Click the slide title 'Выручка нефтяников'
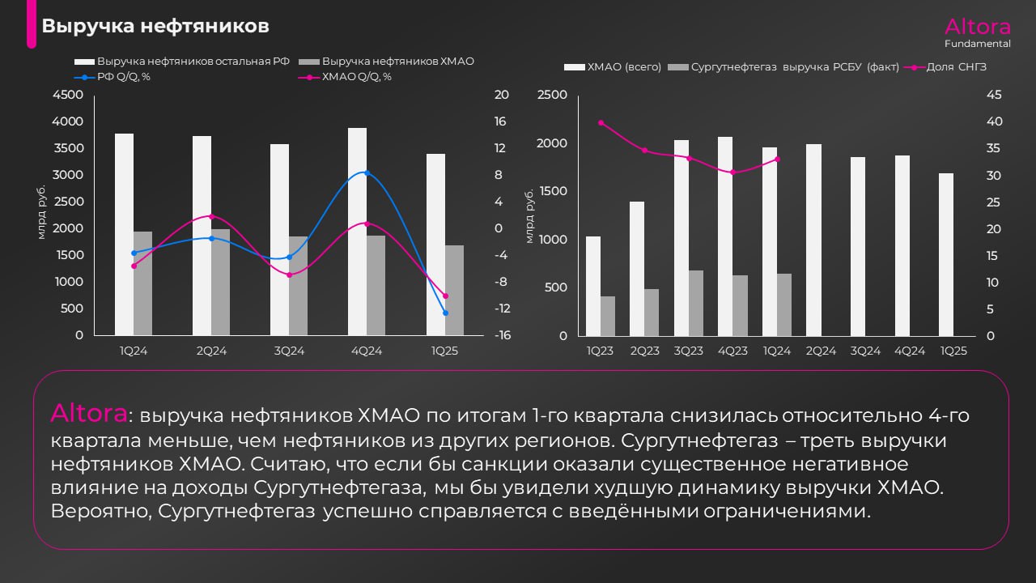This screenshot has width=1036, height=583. (x=155, y=27)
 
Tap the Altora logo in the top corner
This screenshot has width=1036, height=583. (x=977, y=26)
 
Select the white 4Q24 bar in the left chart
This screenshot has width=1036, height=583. (x=357, y=232)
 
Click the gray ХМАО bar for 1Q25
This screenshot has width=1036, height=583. (x=454, y=290)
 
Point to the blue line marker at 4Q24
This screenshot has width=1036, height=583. (x=367, y=172)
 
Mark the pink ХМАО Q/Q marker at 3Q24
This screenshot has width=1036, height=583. (x=289, y=275)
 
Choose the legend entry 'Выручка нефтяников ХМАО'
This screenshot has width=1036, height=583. (x=397, y=62)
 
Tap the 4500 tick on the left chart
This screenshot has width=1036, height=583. (x=68, y=95)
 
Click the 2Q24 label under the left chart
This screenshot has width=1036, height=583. (x=211, y=351)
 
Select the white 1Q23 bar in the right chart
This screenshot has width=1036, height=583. (x=593, y=286)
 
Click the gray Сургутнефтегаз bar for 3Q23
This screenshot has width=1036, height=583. (x=696, y=303)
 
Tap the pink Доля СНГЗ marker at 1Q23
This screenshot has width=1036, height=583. (x=601, y=122)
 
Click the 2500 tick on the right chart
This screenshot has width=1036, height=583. (x=552, y=95)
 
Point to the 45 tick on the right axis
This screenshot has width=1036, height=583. (x=993, y=95)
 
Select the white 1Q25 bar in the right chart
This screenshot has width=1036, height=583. (x=946, y=254)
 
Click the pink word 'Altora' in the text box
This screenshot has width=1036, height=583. (x=89, y=414)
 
